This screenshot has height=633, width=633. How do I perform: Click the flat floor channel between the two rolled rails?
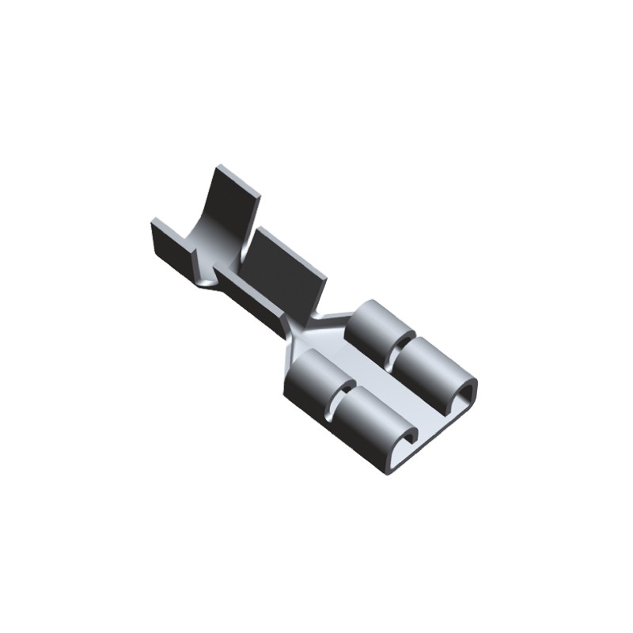[388, 388]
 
